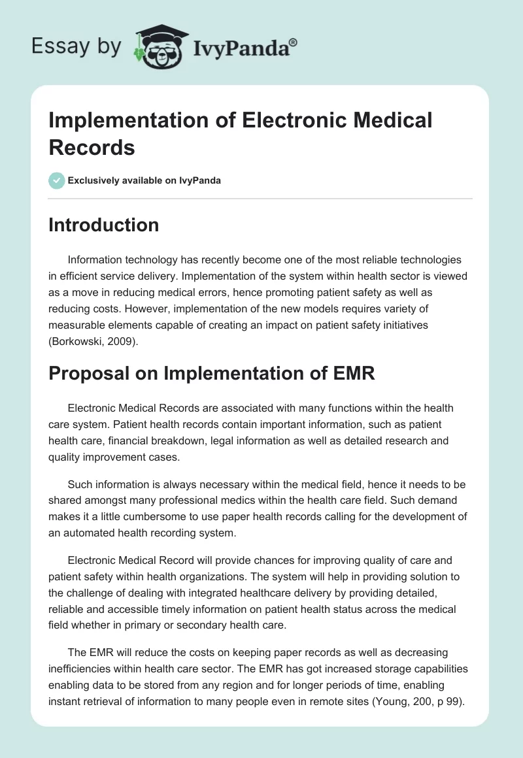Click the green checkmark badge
point(57,180)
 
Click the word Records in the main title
point(92,147)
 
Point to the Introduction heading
point(104,225)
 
